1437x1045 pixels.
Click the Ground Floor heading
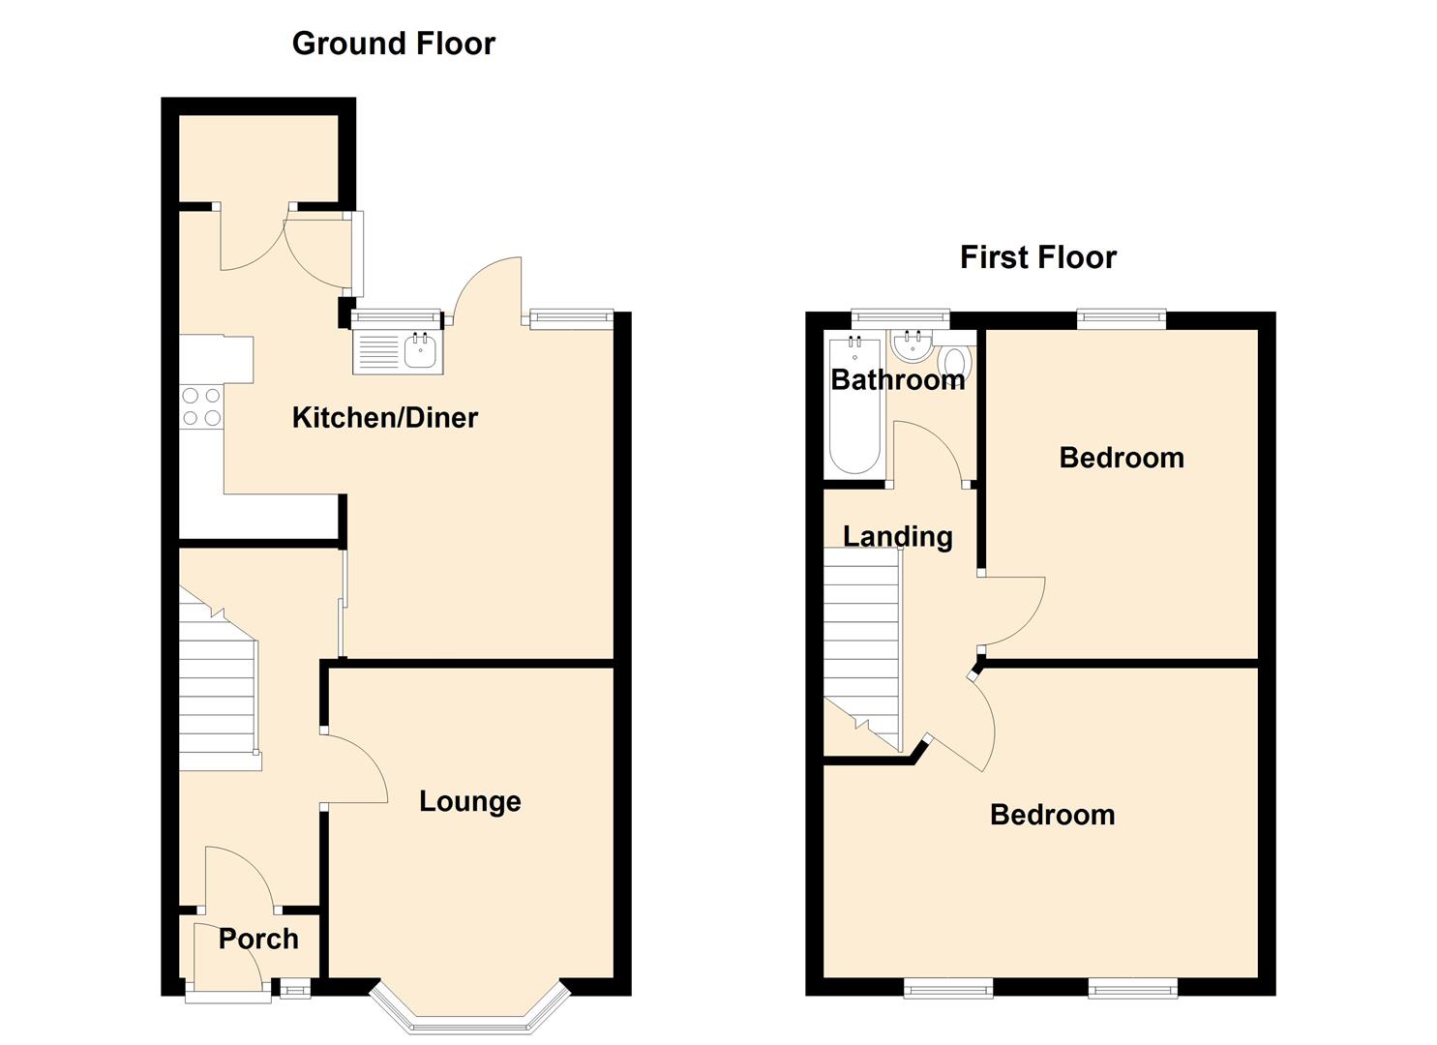pyautogui.click(x=393, y=44)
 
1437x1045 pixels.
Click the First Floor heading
pyautogui.click(x=1038, y=257)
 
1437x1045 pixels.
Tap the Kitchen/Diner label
pyautogui.click(x=385, y=418)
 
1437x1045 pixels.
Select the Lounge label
pyautogui.click(x=470, y=802)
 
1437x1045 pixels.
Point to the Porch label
pyautogui.click(x=258, y=940)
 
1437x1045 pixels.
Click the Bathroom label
pyautogui.click(x=898, y=379)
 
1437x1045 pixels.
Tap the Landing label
pyautogui.click(x=897, y=537)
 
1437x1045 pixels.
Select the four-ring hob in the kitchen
pyautogui.click(x=201, y=406)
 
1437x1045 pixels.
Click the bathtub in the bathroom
pyautogui.click(x=854, y=405)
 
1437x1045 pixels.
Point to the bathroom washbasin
pyautogui.click(x=912, y=343)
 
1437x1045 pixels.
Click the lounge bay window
pyautogui.click(x=470, y=1008)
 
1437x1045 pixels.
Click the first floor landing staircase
pyautogui.click(x=863, y=648)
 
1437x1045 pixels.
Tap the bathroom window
pyautogui.click(x=900, y=315)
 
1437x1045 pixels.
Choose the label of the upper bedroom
pyautogui.click(x=1122, y=458)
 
